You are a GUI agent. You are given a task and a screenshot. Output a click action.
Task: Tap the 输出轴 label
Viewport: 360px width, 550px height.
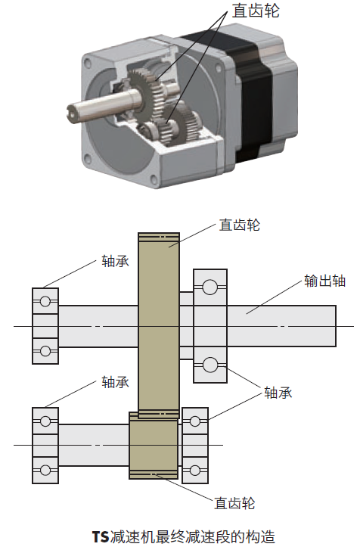click(324, 281)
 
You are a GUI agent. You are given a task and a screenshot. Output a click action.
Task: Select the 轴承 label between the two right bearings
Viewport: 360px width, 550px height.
click(278, 393)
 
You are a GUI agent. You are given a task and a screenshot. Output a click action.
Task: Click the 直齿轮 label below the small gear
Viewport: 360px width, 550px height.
click(234, 503)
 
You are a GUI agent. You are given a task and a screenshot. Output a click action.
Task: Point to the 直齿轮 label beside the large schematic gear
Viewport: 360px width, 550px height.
click(240, 225)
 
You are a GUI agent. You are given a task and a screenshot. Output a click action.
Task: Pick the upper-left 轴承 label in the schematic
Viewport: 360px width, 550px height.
click(115, 261)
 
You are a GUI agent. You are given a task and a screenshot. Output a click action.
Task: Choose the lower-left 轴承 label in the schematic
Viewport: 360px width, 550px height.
click(115, 382)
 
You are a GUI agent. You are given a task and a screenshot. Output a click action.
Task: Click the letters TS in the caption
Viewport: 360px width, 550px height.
click(101, 537)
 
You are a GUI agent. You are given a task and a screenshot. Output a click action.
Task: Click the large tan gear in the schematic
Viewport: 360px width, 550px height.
click(159, 325)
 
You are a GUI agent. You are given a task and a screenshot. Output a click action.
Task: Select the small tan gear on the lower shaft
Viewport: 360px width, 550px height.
click(154, 445)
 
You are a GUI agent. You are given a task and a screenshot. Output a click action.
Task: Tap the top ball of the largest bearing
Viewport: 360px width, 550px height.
click(209, 287)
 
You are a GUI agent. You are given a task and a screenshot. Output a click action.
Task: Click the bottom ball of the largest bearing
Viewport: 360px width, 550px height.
click(209, 365)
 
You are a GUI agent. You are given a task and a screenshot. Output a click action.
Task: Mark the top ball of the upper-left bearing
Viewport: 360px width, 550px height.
click(45, 301)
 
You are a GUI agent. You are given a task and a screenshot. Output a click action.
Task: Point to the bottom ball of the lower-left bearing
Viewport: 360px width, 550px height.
click(45, 470)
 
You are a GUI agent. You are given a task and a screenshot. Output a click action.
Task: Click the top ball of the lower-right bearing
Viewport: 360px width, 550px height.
click(195, 421)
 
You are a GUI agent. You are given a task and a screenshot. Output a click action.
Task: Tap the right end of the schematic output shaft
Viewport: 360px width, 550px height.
click(336, 326)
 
